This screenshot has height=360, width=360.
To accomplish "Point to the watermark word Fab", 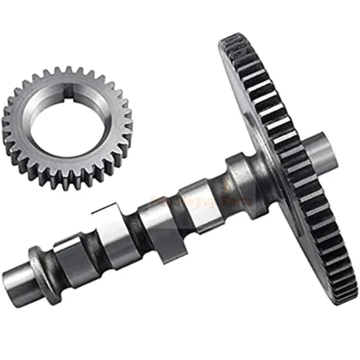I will (x=162, y=201).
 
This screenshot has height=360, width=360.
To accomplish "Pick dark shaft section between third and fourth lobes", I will (x=176, y=212).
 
